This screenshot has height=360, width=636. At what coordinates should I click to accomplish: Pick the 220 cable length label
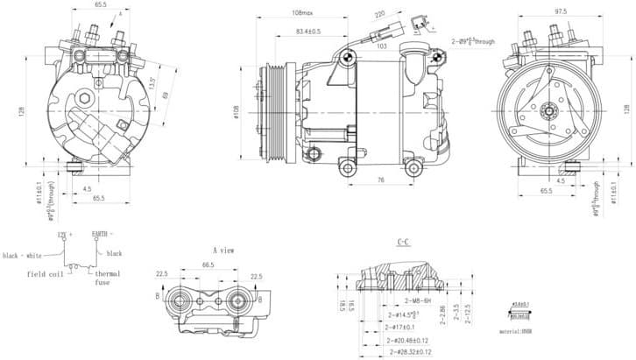(379, 15)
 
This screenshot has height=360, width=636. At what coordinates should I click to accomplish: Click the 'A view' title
(223, 250)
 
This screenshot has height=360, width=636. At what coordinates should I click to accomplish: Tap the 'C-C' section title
(403, 242)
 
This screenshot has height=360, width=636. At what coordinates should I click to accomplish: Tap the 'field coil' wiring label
(43, 275)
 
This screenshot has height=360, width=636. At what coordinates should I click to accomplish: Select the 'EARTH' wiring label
(102, 235)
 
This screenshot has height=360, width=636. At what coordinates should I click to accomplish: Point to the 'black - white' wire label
(23, 255)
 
